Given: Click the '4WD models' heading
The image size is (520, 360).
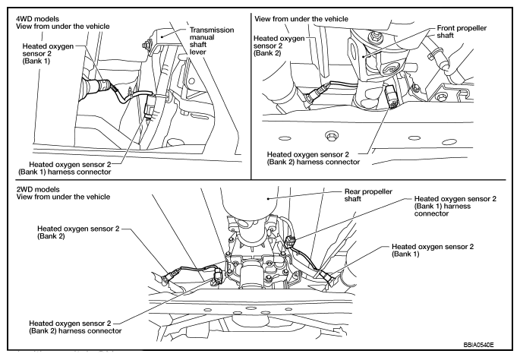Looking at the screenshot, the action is pos(37,19).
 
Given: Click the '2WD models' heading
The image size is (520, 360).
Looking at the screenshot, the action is pos(38,189).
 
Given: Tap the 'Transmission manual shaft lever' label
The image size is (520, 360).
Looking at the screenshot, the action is pos(212,41).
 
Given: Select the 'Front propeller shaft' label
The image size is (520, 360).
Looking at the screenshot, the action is pos(462,32).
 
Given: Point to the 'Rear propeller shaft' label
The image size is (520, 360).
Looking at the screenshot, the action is pos(368,195).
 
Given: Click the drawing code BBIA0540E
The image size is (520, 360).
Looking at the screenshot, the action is pos(478,345).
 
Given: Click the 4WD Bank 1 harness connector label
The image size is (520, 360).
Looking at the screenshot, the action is pos(65,168).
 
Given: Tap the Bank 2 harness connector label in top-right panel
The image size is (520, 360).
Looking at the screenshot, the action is pos(314,158).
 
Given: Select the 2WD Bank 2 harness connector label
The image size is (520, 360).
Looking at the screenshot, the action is pos(75,327).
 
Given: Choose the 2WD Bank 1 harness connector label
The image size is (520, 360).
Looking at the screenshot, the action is pos(455,206).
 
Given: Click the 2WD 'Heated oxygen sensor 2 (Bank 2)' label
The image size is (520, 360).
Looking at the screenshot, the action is pos(78,232).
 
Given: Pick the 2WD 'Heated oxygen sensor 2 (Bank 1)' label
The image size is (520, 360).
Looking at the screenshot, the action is pos(433,250).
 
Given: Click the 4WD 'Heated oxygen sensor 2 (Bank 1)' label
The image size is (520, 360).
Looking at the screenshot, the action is pos(48,53).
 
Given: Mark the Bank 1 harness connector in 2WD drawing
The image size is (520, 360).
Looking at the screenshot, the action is pos(290,242).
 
